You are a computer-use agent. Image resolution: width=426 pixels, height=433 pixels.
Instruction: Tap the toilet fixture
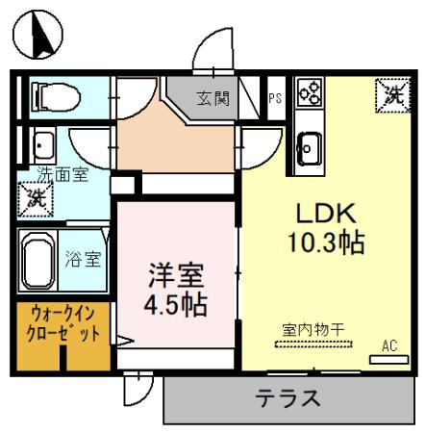point(51,95)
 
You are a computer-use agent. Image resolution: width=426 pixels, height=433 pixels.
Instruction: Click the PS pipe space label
point(275,98)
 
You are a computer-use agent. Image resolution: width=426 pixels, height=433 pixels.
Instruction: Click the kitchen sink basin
point(309,146)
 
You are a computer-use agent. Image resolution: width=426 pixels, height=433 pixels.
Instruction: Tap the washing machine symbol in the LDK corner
point(389,93)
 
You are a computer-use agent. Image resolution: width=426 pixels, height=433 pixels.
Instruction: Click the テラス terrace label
point(287,397)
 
